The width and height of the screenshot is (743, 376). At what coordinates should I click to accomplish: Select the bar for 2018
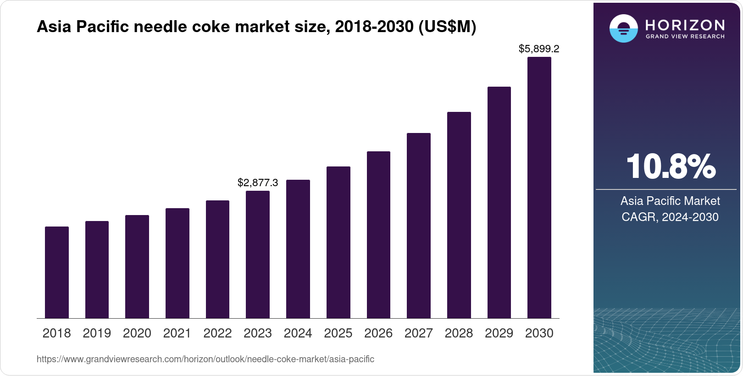57,272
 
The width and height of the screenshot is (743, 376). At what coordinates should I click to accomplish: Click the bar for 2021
177,263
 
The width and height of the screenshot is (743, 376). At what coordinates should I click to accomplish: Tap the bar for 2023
258,254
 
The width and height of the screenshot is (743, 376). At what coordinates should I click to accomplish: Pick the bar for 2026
378,235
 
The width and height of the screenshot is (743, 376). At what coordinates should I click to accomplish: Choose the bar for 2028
459,215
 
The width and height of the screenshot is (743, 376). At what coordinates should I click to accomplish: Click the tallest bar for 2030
539,188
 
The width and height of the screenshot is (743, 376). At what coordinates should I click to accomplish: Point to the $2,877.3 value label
258,182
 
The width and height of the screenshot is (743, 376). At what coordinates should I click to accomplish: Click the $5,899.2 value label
539,49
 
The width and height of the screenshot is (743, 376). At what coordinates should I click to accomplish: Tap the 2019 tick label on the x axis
97,333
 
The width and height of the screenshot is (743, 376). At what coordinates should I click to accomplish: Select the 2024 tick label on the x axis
298,333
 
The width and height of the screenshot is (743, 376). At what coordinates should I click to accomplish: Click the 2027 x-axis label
419,333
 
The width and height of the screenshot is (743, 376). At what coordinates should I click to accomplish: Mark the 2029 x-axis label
499,333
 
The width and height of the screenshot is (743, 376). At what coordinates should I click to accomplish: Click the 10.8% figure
670,167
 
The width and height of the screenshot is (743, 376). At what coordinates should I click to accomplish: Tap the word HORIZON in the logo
685,25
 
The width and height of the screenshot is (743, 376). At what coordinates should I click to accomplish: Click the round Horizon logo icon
623,28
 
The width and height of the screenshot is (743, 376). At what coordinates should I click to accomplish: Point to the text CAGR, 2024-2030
670,217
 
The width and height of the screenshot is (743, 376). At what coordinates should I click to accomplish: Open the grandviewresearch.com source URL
205,359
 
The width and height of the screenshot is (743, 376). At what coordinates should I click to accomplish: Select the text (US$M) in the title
447,27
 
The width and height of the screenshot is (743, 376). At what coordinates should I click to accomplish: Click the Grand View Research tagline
685,36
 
